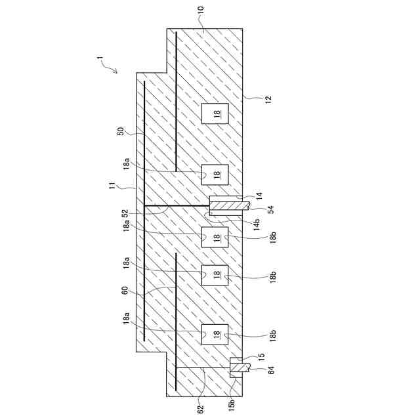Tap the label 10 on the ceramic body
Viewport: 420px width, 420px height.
coord(201,11)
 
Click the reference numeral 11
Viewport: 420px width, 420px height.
coord(112,188)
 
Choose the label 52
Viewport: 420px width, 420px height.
coord(125,213)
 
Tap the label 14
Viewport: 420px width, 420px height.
coord(259,195)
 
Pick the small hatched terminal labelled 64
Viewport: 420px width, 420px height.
coord(238,369)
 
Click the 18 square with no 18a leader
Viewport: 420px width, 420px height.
coord(215,114)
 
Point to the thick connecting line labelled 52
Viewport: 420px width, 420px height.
coord(177,205)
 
